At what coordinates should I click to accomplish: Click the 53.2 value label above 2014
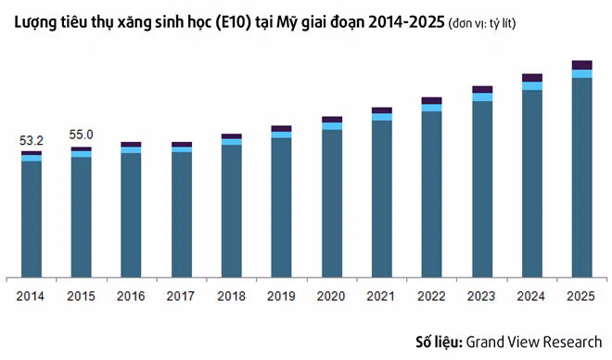click(32, 140)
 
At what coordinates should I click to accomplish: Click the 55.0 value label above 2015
click(82, 135)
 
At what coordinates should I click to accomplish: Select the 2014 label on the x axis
click(30, 296)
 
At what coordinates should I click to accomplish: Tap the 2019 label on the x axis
click(281, 296)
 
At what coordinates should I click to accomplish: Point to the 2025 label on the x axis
click(580, 296)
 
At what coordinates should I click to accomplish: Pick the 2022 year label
click(431, 296)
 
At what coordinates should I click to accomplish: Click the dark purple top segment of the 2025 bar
click(582, 65)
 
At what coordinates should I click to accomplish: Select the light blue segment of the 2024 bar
click(532, 86)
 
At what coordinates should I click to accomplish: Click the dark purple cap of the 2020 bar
click(332, 120)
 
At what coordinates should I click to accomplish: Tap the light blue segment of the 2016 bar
click(131, 150)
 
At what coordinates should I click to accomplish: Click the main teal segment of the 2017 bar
click(182, 214)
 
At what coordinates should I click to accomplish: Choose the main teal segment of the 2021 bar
click(382, 199)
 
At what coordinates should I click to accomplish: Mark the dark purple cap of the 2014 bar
click(32, 153)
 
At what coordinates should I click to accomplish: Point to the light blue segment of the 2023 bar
click(482, 97)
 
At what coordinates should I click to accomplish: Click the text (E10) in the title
click(232, 22)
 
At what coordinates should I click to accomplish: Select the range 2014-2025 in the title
click(406, 22)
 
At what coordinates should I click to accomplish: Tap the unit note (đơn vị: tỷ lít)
click(482, 23)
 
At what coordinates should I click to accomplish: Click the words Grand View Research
click(534, 342)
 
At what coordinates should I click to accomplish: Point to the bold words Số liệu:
click(440, 341)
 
